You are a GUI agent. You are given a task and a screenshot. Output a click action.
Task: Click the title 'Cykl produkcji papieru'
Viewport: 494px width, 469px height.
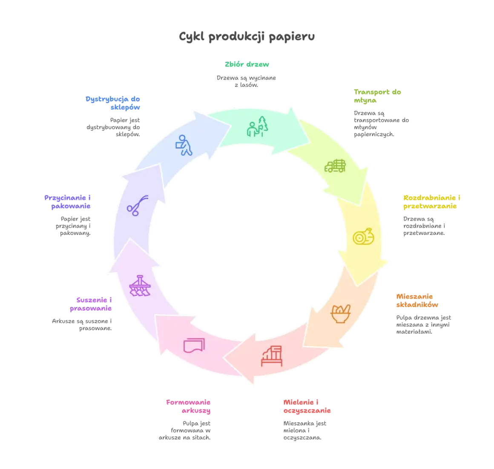[247, 37]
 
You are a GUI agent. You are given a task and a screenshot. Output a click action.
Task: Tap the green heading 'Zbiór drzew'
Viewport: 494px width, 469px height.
[247, 64]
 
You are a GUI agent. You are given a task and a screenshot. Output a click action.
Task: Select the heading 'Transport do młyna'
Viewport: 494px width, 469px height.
[377, 96]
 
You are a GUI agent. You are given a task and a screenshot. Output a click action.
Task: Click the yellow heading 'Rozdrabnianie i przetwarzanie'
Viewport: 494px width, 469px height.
[432, 202]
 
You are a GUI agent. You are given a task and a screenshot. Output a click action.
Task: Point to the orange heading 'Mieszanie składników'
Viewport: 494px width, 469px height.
[417, 300]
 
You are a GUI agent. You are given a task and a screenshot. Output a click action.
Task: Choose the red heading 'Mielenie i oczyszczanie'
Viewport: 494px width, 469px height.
[307, 406]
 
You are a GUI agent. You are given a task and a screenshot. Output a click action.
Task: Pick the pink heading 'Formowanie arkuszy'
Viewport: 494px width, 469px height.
[188, 406]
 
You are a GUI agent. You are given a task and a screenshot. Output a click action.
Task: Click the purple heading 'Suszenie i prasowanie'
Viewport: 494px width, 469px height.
[91, 304]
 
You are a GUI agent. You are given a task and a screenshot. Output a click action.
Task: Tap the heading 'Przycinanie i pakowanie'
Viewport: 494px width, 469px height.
[67, 202]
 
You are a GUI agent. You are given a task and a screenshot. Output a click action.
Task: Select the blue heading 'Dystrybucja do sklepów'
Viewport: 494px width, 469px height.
[113, 103]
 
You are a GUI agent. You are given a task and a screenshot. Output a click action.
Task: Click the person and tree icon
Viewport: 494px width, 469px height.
[257, 126]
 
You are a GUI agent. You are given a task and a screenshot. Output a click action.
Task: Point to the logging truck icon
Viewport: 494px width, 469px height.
[335, 166]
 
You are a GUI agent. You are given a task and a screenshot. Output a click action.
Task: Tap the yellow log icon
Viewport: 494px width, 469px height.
[363, 236]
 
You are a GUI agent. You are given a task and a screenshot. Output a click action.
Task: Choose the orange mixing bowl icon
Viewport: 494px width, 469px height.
[341, 314]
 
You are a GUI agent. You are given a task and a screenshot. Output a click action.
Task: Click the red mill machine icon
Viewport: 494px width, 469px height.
[272, 356]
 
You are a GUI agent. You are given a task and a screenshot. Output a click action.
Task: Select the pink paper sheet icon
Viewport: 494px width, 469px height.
[194, 345]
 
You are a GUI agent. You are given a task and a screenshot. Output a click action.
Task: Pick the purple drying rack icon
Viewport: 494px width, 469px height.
[140, 286]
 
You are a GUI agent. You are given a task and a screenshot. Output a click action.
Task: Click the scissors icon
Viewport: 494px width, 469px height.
[138, 206]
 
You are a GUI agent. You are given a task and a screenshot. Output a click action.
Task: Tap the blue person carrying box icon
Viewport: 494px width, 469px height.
[184, 145]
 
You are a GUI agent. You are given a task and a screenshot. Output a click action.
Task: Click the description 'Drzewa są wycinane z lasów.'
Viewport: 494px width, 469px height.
[246, 81]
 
